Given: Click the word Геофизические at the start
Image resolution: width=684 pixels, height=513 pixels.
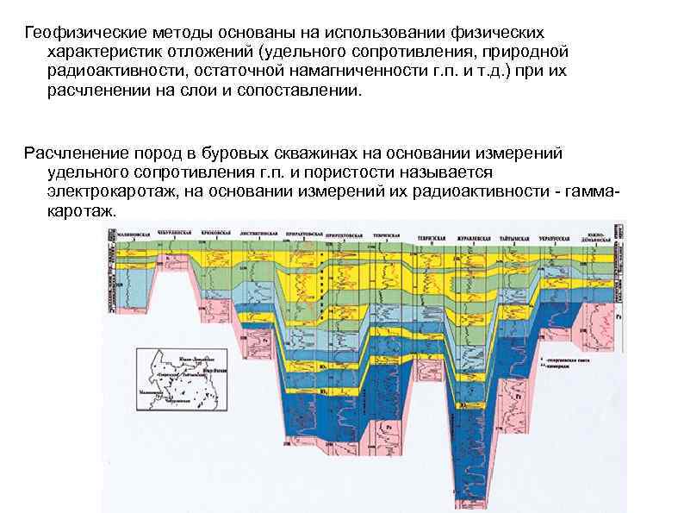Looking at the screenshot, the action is tap(73, 32).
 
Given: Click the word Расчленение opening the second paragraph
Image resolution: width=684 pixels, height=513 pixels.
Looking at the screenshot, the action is tap(68, 153).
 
